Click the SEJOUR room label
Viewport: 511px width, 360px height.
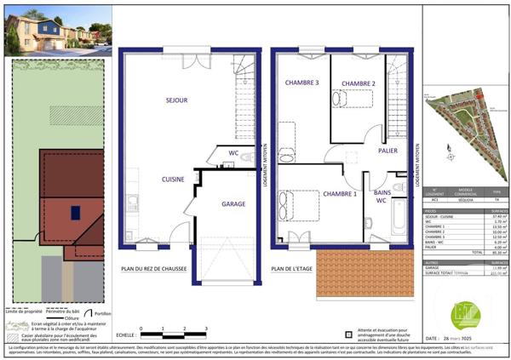(175, 100)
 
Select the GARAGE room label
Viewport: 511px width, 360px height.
(233, 204)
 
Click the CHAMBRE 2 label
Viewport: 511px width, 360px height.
(359, 83)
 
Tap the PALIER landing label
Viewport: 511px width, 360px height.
(389, 151)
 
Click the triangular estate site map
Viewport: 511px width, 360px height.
(464, 128)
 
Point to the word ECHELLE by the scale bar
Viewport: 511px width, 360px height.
(128, 334)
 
